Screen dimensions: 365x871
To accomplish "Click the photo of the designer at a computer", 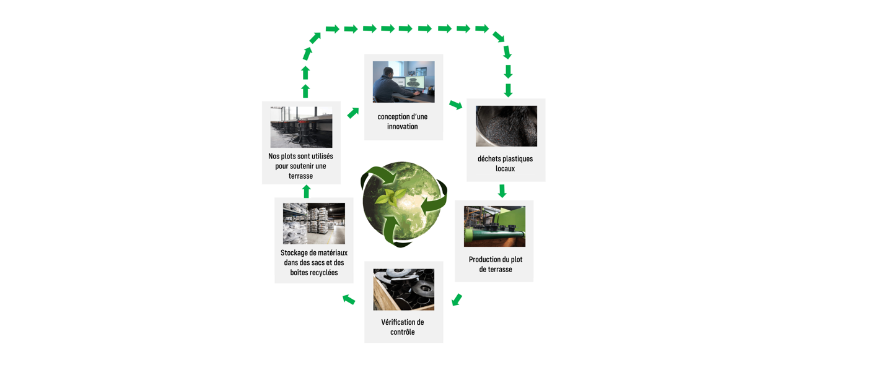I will [x=403, y=82].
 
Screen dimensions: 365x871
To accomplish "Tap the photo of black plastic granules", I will [x=506, y=126].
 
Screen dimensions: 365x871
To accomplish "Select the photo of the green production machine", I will [x=494, y=226].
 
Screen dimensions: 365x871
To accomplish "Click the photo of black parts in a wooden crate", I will [x=403, y=290].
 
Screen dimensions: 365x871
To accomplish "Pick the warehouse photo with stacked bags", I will [x=313, y=223].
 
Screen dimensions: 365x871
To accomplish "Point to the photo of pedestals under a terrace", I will [x=301, y=127].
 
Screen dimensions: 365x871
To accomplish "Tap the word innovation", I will [x=403, y=127].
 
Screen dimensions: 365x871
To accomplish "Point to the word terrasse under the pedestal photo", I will [x=300, y=176].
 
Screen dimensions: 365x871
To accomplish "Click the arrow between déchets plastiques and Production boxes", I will [x=502, y=191].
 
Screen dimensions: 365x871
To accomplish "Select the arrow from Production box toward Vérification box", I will [x=457, y=299].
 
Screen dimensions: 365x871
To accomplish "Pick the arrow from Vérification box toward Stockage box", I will [x=349, y=299].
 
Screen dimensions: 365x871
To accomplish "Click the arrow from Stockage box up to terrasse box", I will [x=306, y=191].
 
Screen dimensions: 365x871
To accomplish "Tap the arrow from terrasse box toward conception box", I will [x=353, y=113].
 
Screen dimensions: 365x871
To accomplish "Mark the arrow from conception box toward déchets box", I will [x=455, y=105].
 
